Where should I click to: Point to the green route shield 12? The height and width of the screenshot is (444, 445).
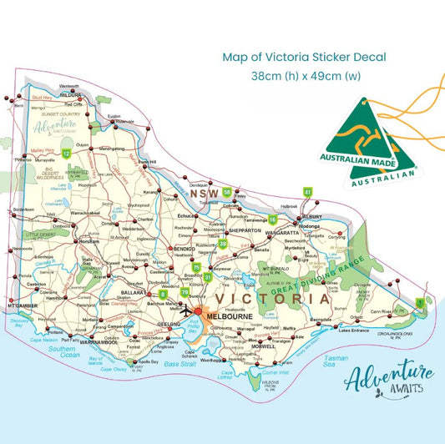pyautogui.click(x=65, y=153)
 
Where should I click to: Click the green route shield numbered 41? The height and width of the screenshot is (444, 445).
pyautogui.click(x=307, y=192)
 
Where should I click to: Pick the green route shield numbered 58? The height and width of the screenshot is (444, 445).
pyautogui.click(x=227, y=193)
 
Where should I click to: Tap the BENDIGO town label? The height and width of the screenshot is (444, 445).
pyautogui.click(x=183, y=248)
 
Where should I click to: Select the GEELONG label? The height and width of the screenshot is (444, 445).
pyautogui.click(x=169, y=323)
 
